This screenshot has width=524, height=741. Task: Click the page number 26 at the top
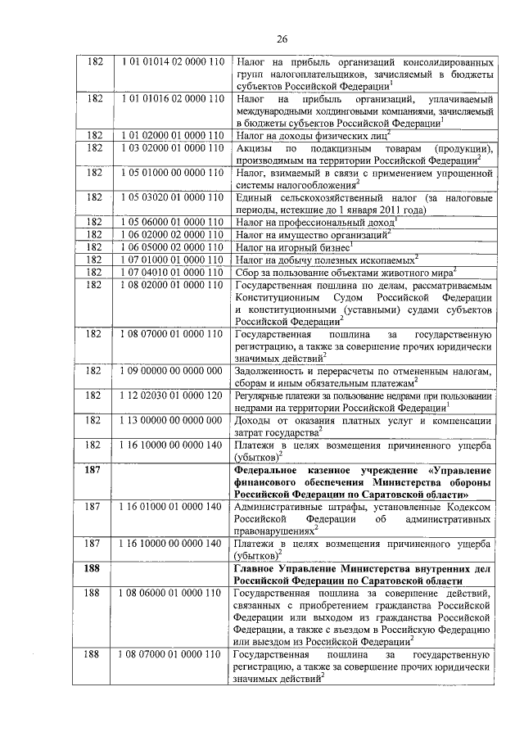click(282, 38)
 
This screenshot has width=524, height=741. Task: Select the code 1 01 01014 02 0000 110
click(172, 62)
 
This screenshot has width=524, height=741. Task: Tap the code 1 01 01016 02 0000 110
click(172, 98)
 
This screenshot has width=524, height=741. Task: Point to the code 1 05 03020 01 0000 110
click(172, 199)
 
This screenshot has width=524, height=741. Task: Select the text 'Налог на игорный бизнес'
click(292, 246)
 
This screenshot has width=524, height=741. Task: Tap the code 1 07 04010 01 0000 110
click(172, 272)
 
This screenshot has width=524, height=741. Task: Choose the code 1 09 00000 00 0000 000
click(172, 370)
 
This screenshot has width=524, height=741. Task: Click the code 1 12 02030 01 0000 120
click(172, 395)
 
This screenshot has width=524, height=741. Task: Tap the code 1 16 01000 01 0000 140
click(172, 508)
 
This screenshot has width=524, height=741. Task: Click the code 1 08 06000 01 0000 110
click(172, 593)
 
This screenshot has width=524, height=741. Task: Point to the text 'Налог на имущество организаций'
click(312, 234)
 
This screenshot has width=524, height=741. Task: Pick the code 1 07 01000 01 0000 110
click(172, 260)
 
